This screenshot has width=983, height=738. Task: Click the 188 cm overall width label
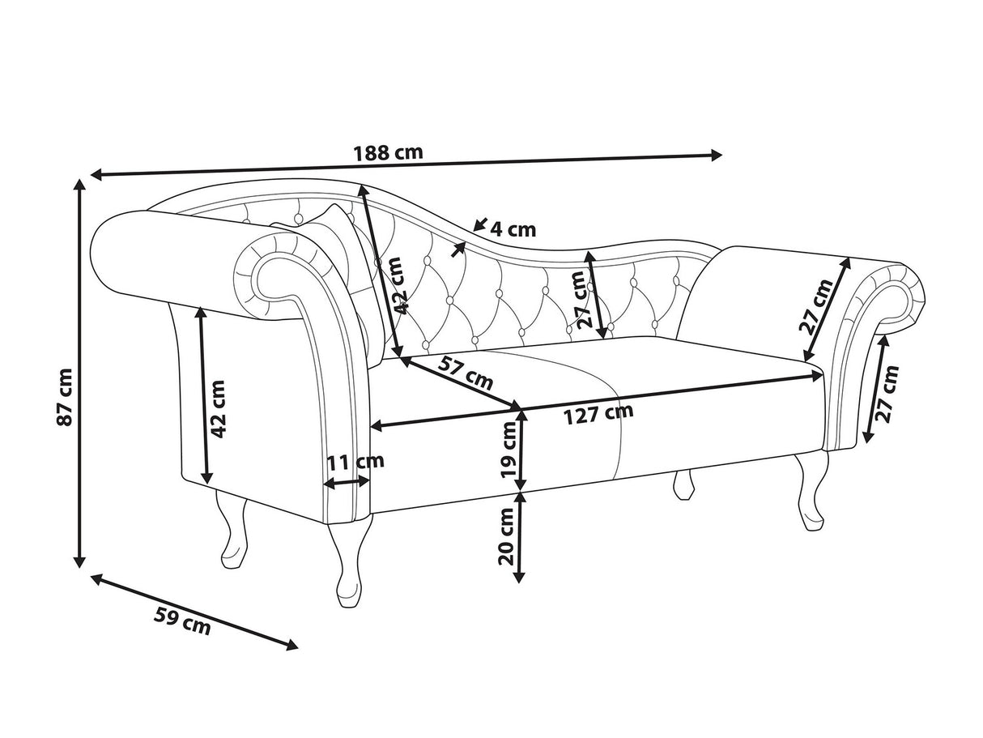click(389, 153)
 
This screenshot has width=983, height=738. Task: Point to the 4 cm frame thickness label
click(513, 230)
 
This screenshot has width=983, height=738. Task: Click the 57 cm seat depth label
click(465, 373)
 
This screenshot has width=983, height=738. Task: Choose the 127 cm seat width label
click(598, 415)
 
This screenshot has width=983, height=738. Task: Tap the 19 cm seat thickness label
click(509, 450)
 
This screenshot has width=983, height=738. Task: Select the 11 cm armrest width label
click(355, 462)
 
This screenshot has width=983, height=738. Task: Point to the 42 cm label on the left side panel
click(217, 409)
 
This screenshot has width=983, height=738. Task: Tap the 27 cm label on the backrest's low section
click(585, 300)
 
